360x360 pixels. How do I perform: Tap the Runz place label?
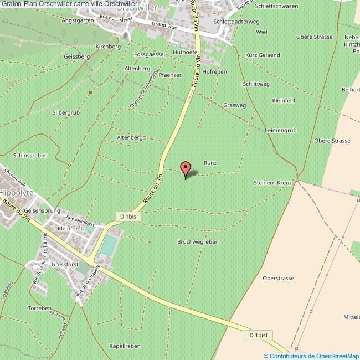pos(210,163)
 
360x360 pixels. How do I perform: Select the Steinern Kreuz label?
pos(272,182)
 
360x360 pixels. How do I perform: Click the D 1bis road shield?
pos(128,216)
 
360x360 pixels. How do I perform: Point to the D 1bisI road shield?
pos(258,335)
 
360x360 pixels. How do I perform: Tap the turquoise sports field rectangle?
pos(109,245)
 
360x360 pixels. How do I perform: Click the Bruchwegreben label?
pos(198,242)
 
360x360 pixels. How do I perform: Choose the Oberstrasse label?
pos(278,278)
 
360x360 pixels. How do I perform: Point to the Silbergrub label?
pos(66,112)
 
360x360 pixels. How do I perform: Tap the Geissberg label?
pos(77,56)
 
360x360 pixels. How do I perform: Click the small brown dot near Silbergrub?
pos(90,92)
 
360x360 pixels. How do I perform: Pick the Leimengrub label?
pos(281,130)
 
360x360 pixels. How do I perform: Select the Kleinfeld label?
pos(284,100)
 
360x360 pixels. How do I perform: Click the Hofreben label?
pos(215,72)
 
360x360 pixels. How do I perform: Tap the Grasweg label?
pos(235,105)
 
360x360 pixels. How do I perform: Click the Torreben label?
pos(39,307)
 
